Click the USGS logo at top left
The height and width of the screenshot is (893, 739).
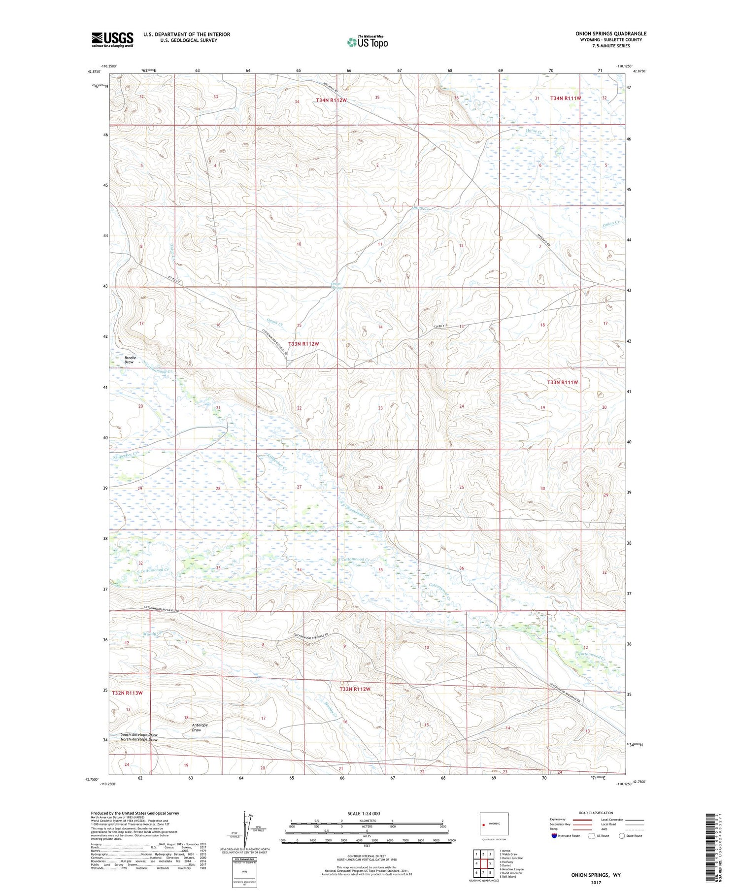tap(112, 39)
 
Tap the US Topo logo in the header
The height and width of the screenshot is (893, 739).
tap(367, 42)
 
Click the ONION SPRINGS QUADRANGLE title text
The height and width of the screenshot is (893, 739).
tap(610, 33)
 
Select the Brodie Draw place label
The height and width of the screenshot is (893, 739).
tap(130, 360)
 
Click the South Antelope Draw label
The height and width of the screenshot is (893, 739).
tap(139, 734)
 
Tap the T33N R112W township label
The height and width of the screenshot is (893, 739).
tap(303, 344)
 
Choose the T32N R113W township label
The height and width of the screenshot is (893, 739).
tap(127, 693)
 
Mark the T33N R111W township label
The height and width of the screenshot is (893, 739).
tap(562, 382)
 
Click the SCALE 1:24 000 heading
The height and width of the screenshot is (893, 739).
tap(364, 813)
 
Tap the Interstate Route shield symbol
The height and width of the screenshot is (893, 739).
tap(554, 836)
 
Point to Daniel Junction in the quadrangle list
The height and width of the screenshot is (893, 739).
tap(512, 858)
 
